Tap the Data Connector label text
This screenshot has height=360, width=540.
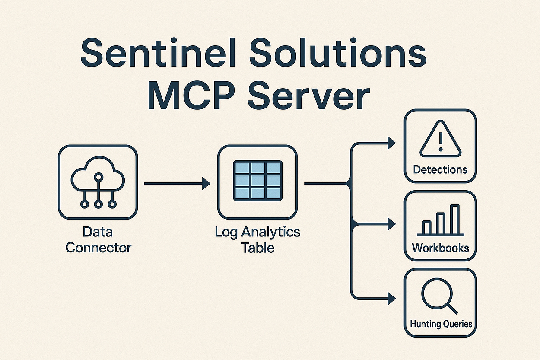(98, 240)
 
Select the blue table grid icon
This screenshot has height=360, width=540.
(257, 181)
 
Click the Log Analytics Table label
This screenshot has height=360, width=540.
(257, 240)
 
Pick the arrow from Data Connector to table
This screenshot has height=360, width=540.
(177, 184)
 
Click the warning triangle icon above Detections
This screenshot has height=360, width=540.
(440, 141)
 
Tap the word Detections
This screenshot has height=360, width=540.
(440, 169)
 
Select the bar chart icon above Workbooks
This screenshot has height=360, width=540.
(440, 221)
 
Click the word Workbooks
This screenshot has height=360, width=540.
(440, 248)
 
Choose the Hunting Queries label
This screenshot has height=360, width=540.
(440, 324)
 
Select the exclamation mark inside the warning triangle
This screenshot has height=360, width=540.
(440, 142)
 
